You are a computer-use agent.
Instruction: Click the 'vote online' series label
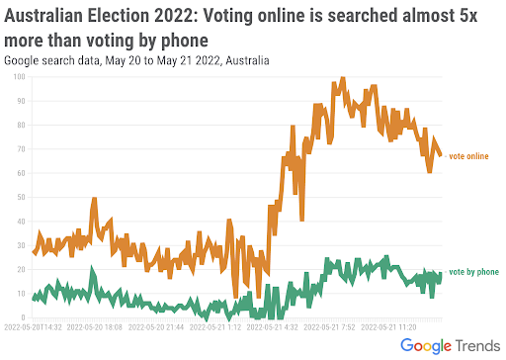(x=468, y=156)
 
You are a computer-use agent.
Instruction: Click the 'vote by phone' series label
(x=472, y=271)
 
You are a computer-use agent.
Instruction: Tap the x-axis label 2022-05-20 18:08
(x=95, y=326)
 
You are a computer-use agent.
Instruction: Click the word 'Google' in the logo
(x=432, y=346)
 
